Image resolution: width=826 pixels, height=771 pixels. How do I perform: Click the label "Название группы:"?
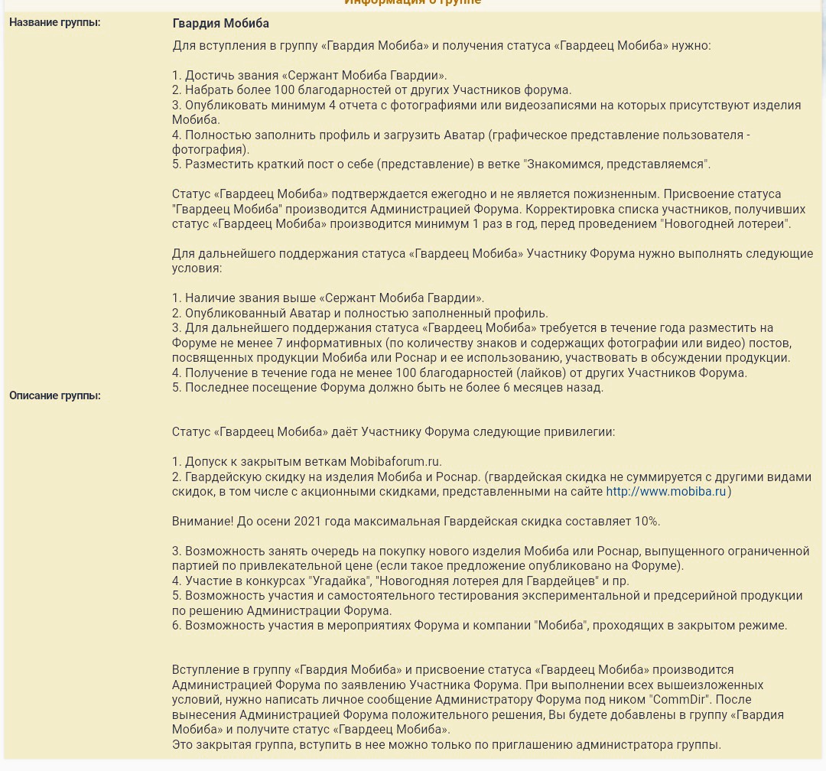click(54, 22)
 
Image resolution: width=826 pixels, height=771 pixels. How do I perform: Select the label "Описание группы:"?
click(55, 395)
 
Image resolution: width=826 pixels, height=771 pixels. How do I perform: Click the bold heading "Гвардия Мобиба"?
click(221, 24)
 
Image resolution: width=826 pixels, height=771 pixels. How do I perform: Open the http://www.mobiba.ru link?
click(665, 492)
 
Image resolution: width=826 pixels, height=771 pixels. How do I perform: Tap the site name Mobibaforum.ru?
click(395, 462)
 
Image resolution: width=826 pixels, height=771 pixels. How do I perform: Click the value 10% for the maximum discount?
click(647, 522)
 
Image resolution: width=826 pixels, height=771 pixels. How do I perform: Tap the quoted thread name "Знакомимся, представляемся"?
click(616, 164)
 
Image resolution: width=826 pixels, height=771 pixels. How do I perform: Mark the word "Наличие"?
click(210, 298)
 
